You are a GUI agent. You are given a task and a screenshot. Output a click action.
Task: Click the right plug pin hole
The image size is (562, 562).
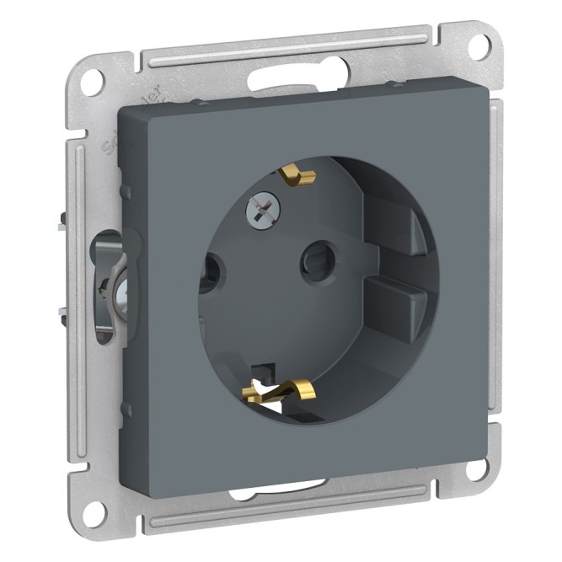[316, 253]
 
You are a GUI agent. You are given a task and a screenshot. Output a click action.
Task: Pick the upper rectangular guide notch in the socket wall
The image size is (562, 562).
[403, 230]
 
